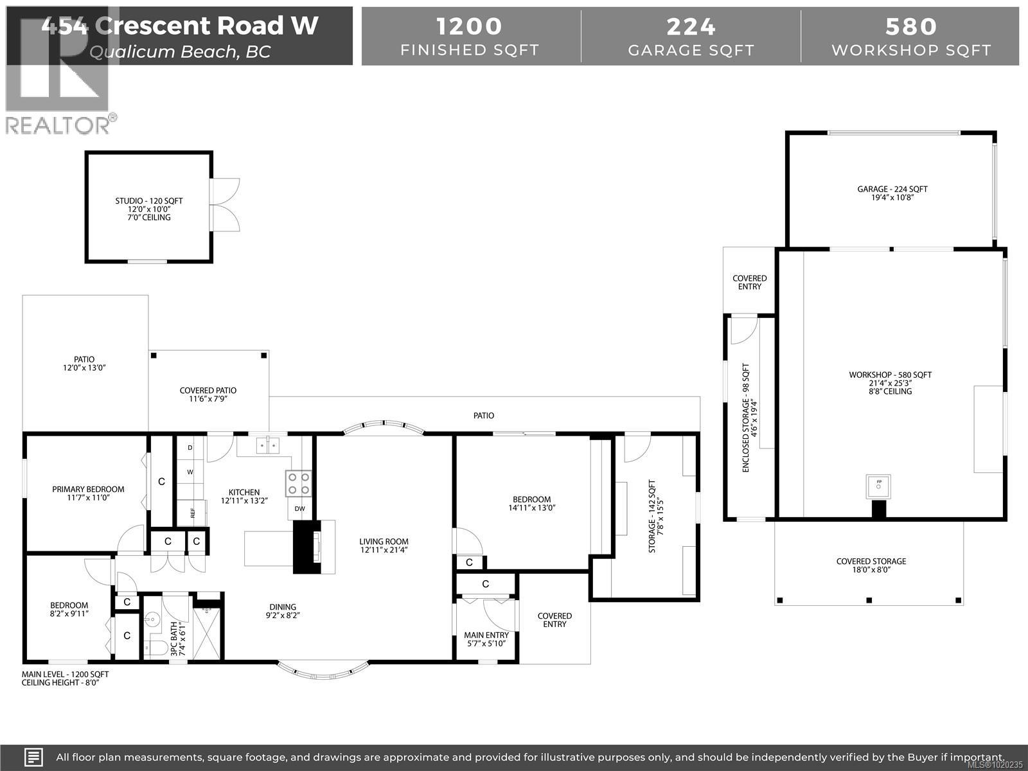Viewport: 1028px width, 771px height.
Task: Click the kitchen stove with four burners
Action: tap(298, 483)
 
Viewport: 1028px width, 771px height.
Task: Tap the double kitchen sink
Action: tap(268, 445)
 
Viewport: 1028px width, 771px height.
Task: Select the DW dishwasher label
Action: tap(299, 509)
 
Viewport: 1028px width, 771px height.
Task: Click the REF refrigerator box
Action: tap(191, 513)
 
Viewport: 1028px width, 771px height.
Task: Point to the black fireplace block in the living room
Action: tap(306, 547)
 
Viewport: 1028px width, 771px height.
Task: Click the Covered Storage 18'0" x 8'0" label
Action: tap(871, 565)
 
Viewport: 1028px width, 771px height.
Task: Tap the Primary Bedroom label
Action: tap(88, 493)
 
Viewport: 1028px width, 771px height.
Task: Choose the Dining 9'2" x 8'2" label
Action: tap(283, 610)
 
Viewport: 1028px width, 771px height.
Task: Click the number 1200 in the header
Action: tap(469, 26)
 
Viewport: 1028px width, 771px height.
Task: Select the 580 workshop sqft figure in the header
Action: tap(910, 26)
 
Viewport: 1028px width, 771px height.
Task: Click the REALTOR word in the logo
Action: tap(58, 125)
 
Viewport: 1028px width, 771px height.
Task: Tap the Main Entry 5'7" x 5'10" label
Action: tap(486, 639)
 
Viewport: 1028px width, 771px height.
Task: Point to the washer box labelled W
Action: tap(190, 472)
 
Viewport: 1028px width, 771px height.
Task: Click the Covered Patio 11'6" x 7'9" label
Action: tap(208, 394)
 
